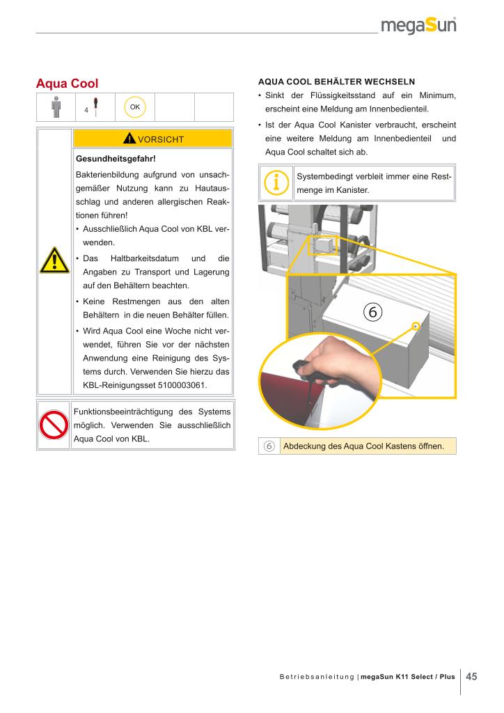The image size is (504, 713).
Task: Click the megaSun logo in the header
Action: [x=418, y=25]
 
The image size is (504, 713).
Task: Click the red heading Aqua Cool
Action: [x=67, y=84]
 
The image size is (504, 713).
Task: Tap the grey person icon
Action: [x=56, y=107]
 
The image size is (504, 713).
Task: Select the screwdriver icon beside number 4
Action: [x=95, y=107]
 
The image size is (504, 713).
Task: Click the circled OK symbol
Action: [x=135, y=107]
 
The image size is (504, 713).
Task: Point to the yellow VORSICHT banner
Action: [x=152, y=139]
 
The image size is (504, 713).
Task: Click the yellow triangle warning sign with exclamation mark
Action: [x=54, y=260]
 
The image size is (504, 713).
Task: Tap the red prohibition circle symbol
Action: [x=54, y=425]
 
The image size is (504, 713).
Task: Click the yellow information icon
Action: [x=276, y=183]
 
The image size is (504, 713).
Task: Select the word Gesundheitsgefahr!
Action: [x=116, y=159]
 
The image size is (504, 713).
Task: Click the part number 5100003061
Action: [x=182, y=385]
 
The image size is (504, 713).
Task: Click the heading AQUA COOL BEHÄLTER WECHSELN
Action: [x=336, y=82]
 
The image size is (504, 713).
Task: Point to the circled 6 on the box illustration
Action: [x=372, y=312]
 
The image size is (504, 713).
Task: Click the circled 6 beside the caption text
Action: [x=269, y=446]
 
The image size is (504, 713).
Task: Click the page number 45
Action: [x=471, y=677]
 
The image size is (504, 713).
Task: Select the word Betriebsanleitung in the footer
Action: [x=316, y=677]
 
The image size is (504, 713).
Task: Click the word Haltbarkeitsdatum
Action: [x=145, y=258]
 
